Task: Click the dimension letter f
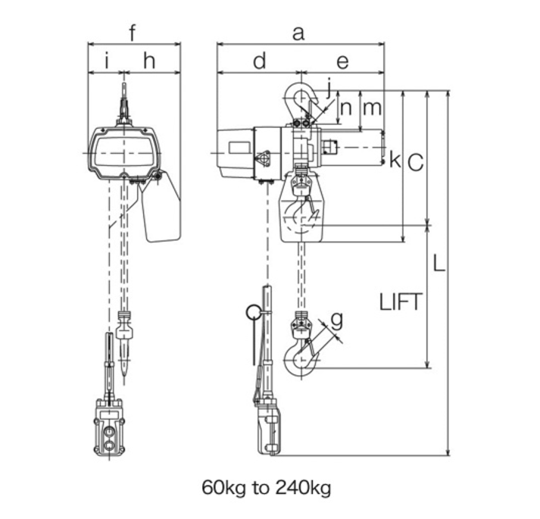[x=133, y=33]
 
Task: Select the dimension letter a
[x=298, y=34]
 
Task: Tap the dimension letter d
[x=259, y=61]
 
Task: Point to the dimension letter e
[x=342, y=63]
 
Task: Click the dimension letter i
[x=107, y=61]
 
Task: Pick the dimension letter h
[x=149, y=61]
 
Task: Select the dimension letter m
[x=373, y=108]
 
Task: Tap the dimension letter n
[x=346, y=108]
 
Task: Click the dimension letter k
[x=395, y=160]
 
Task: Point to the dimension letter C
[x=415, y=162]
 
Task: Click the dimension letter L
[x=439, y=263]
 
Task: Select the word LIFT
[x=401, y=302]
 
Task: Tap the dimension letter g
[x=336, y=320]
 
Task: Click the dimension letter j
[x=329, y=88]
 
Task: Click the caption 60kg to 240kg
[x=266, y=488]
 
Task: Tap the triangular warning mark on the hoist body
[x=262, y=159]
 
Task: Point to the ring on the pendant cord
[x=254, y=313]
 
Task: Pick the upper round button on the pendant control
[x=110, y=431]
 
